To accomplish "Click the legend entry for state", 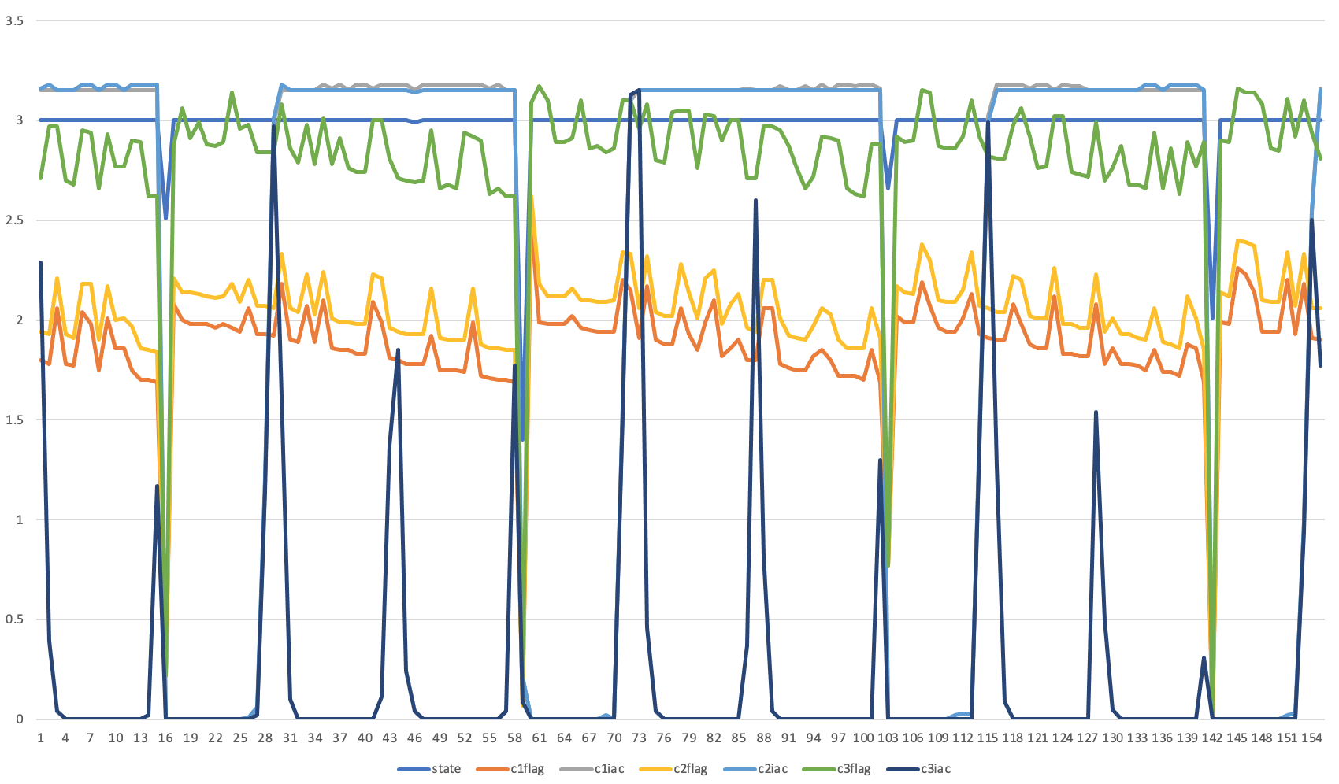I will [x=446, y=769].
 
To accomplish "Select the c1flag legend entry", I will [x=527, y=769].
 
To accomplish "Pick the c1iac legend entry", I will [x=609, y=769].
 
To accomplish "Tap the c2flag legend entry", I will [x=690, y=769].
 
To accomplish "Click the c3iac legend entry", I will [x=936, y=769].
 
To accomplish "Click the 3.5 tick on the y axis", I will [x=14, y=21].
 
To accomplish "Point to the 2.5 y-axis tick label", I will [x=14, y=220].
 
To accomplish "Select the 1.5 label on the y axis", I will [x=14, y=420].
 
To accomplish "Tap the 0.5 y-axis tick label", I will [x=14, y=619].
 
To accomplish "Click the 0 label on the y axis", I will [x=20, y=719].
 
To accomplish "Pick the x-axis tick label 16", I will [x=165, y=738].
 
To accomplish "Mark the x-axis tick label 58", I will [x=514, y=738].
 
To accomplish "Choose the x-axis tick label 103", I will [x=888, y=738].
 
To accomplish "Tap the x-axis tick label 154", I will [x=1311, y=738].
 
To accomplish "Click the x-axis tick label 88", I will [x=764, y=738].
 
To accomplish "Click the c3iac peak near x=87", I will [x=755, y=200].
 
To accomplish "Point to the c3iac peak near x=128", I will [x=1096, y=412].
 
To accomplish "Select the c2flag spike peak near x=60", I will [x=532, y=197].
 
